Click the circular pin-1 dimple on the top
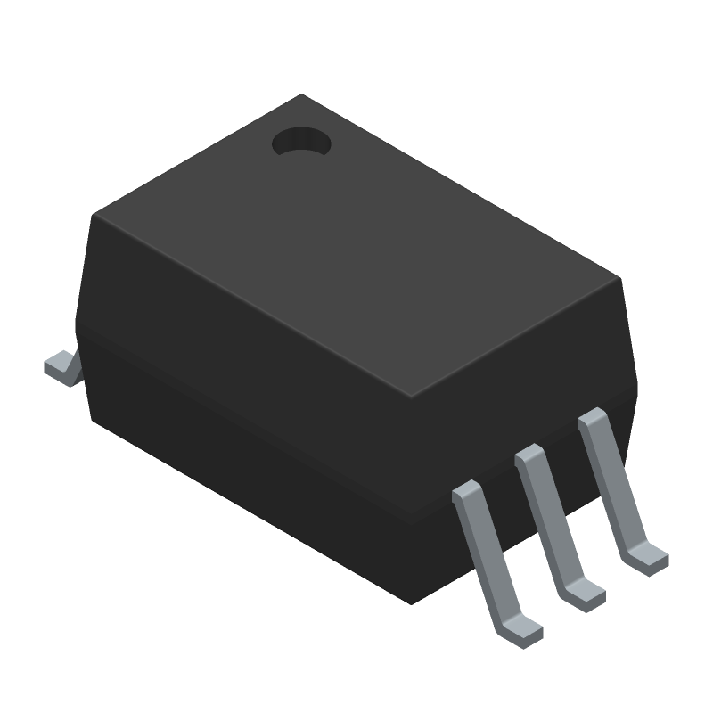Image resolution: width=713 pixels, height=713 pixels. pos(301,143)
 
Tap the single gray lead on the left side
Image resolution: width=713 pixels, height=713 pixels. pos(61,367)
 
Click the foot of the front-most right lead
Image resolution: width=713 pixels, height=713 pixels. pos(521,632)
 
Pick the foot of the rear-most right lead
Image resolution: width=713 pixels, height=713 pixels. pos(646,559)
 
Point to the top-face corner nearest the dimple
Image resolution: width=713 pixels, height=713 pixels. pos(301,95)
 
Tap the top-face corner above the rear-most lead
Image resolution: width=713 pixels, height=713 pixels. pos(619,278)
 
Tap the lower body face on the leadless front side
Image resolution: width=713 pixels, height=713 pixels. pos(250,463)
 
